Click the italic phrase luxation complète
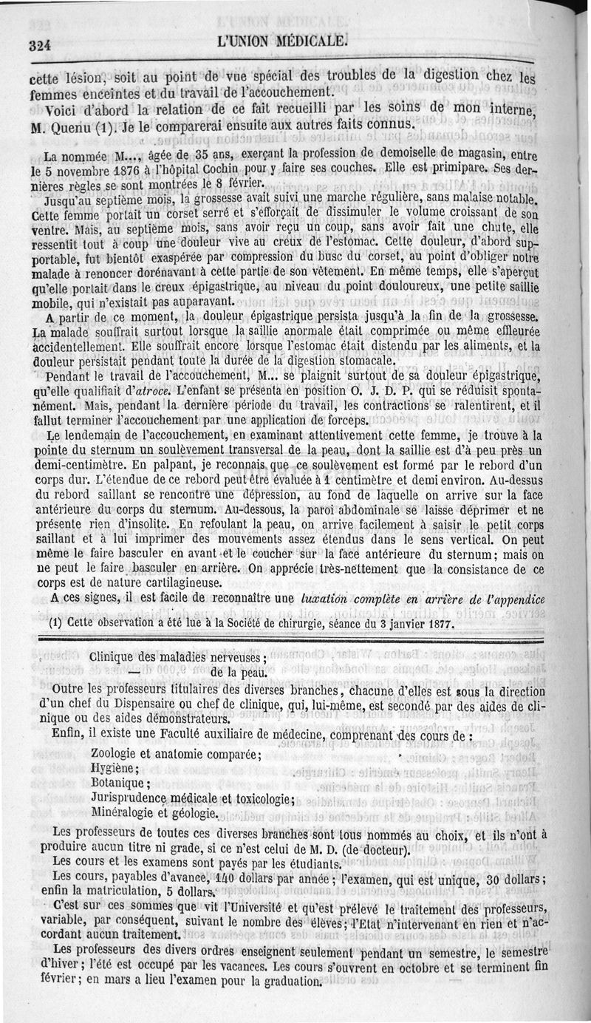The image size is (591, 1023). click(x=349, y=598)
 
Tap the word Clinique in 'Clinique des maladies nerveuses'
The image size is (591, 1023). click(x=115, y=656)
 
